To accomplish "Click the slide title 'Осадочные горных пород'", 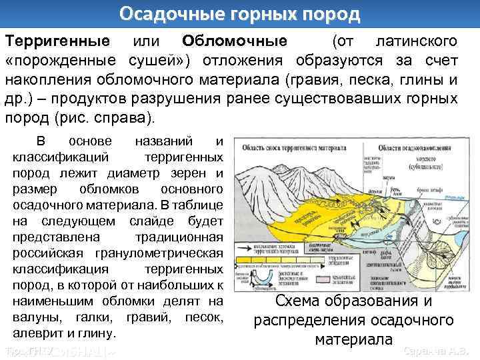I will (239, 13).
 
